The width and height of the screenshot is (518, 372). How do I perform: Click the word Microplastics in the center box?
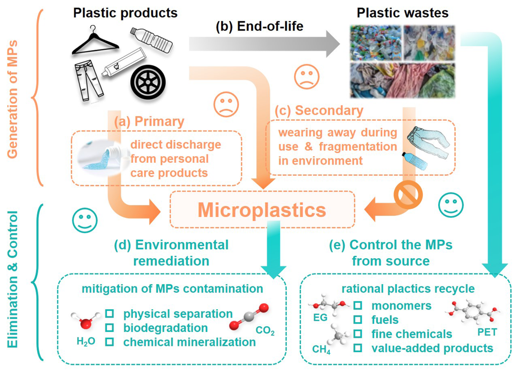tap(262, 210)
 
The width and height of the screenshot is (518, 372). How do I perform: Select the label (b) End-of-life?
tap(260, 27)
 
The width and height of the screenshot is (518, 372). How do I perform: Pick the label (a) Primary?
tap(149, 122)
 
